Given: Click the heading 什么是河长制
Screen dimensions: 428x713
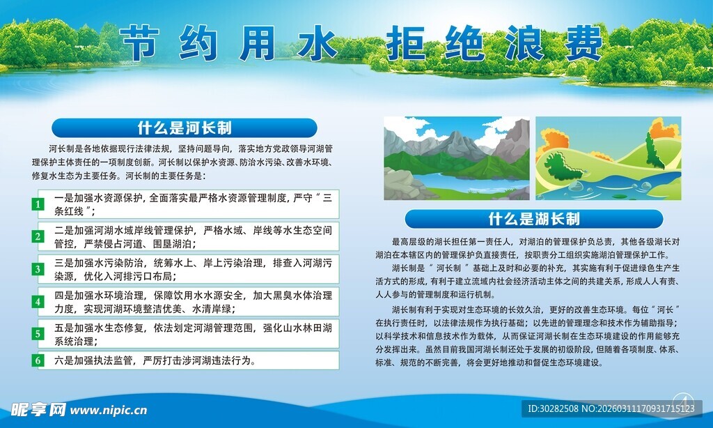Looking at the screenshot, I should coord(185,128).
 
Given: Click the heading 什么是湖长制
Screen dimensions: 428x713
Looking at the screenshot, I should coord(534,219).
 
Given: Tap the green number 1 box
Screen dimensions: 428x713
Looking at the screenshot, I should coord(38,205).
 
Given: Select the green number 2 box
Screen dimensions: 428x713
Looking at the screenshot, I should coord(38,236).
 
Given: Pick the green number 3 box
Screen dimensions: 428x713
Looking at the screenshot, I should coord(38,269).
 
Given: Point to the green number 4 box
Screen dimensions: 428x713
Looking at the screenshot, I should coord(38,302).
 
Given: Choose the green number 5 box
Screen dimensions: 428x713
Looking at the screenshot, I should coord(38,334).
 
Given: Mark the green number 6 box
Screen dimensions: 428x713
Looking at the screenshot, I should coord(38,360).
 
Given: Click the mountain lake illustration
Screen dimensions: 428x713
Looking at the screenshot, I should coord(456,159).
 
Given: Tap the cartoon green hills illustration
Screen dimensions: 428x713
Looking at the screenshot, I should coord(608,159).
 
